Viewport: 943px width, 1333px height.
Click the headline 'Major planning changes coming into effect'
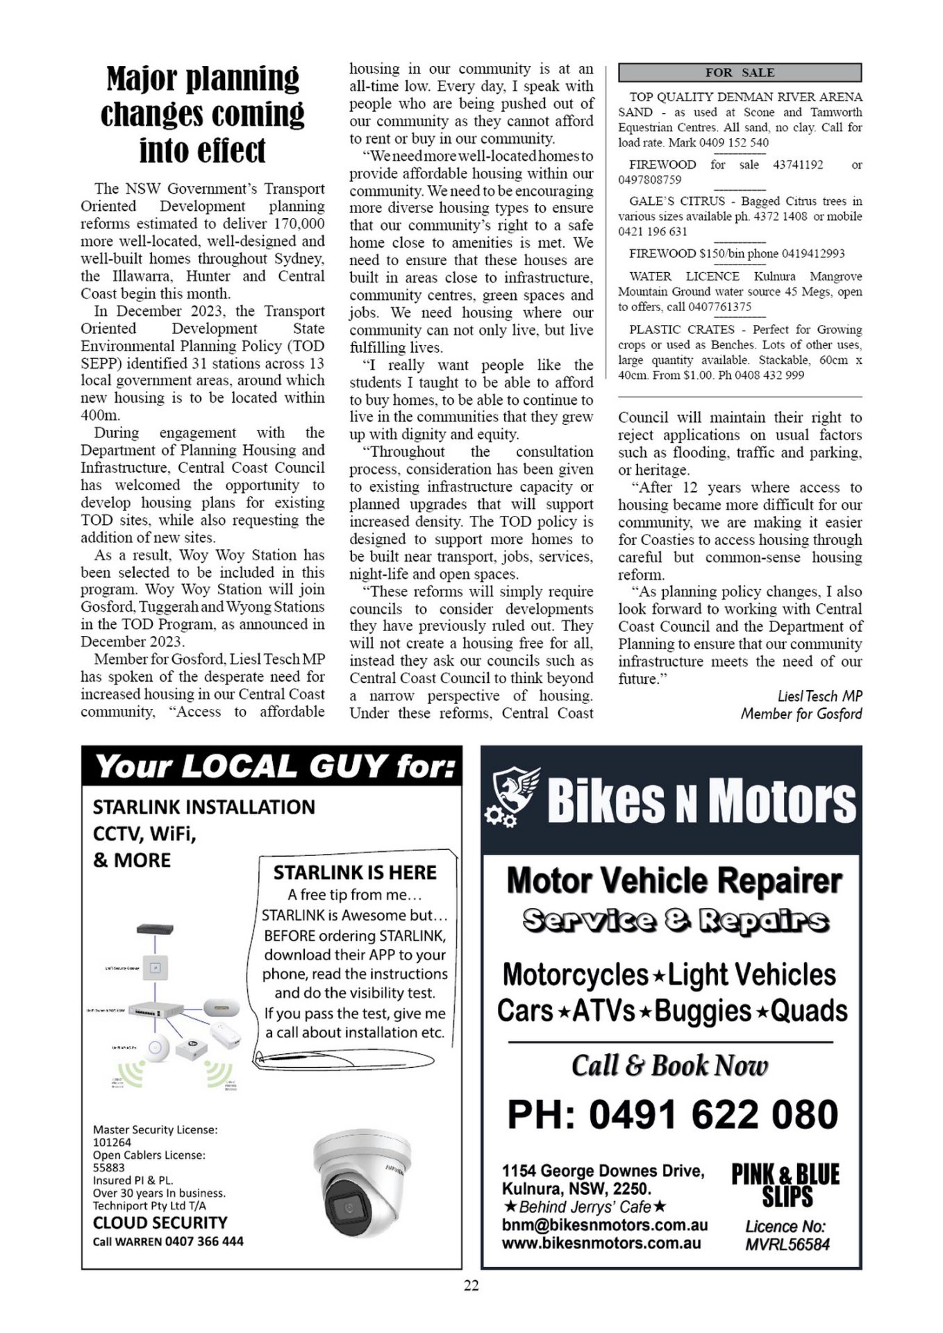tap(202, 114)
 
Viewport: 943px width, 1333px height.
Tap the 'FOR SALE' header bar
tap(740, 72)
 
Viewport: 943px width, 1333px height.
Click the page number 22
tap(471, 1286)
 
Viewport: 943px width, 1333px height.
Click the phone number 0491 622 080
tap(672, 1114)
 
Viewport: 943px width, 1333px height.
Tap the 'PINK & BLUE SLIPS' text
tap(785, 1186)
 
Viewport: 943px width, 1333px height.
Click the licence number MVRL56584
tap(787, 1244)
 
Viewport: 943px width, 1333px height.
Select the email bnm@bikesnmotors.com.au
tap(604, 1225)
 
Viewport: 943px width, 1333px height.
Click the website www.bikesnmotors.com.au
tap(601, 1243)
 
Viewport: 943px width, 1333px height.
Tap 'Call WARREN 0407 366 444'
tap(168, 1241)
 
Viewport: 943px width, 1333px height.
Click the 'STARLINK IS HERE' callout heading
tap(354, 872)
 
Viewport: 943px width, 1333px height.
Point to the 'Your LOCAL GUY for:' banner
tap(272, 766)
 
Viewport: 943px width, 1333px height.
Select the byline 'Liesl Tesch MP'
tap(819, 696)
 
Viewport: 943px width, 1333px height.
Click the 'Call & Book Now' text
tap(669, 1066)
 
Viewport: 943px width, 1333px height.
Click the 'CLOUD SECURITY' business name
tap(160, 1223)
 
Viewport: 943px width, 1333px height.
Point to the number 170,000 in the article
tap(299, 224)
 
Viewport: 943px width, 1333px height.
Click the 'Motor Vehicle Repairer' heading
tap(674, 881)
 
